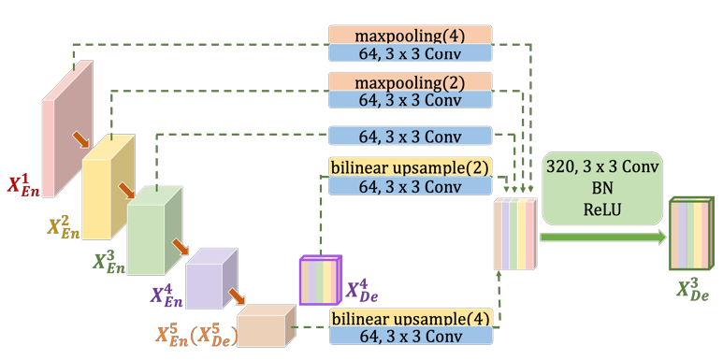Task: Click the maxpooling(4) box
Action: pyautogui.click(x=410, y=35)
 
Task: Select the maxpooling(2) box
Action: pyautogui.click(x=410, y=81)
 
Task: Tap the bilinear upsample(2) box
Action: pyautogui.click(x=410, y=167)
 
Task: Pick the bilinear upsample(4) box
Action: pyautogui.click(x=410, y=318)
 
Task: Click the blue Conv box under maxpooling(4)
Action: pyautogui.click(x=410, y=52)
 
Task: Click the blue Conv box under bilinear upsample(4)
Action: pyautogui.click(x=410, y=336)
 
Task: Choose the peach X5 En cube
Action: pyautogui.click(x=263, y=327)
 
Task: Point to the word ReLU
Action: pyautogui.click(x=601, y=207)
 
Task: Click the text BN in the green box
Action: pyautogui.click(x=601, y=187)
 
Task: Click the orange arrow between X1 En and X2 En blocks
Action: pyautogui.click(x=82, y=139)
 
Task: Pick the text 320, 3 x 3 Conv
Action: pyautogui.click(x=601, y=167)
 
